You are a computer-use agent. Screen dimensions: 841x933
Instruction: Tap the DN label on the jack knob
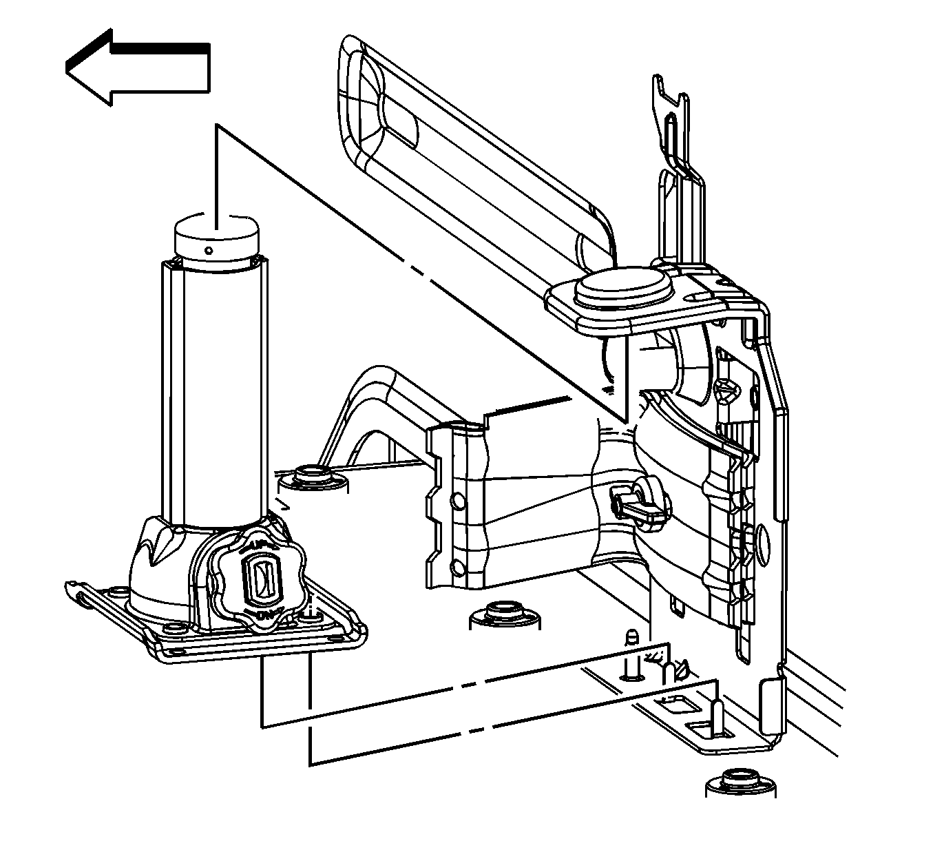pyautogui.click(x=263, y=613)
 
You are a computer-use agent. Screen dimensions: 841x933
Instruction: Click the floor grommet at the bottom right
pyautogui.click(x=740, y=782)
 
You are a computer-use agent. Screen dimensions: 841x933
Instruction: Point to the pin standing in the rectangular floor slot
pyautogui.click(x=716, y=716)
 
